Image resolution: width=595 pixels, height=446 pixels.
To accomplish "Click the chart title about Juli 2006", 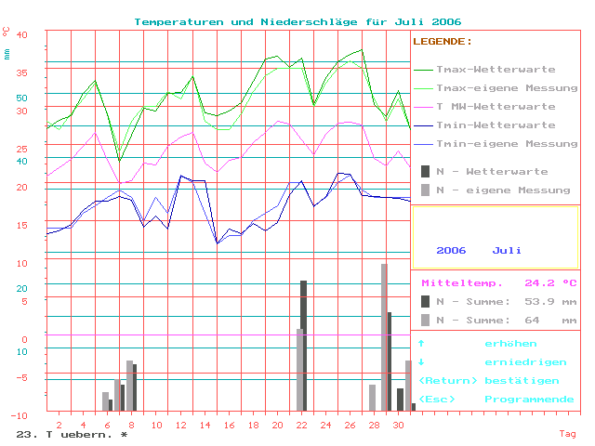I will [x=297, y=21].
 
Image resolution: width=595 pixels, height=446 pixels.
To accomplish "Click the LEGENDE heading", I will [x=442, y=42].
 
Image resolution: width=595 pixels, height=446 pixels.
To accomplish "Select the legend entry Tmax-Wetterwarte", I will [x=496, y=70].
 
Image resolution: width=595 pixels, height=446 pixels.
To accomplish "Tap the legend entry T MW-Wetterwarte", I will [x=496, y=107].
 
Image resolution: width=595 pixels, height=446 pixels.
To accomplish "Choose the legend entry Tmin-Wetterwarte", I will [x=496, y=125].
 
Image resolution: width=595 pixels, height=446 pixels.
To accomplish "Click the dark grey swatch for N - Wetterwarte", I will [x=426, y=171].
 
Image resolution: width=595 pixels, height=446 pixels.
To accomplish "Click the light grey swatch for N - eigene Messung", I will [x=426, y=190].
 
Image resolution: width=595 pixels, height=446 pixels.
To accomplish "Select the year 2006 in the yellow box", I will [x=451, y=251].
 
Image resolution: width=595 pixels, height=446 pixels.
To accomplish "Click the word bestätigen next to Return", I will [x=522, y=381].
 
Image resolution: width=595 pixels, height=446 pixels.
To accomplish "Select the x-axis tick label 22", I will [x=300, y=425].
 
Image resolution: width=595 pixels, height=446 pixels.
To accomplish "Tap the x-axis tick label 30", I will [x=397, y=425].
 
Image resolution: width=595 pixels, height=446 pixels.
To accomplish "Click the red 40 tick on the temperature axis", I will [x=23, y=34].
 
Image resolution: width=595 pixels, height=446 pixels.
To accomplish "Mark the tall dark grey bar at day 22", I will [x=304, y=345].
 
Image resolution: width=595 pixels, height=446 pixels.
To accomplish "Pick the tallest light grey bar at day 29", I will [x=384, y=336].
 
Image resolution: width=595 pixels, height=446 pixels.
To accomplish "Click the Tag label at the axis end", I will [x=567, y=434].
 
